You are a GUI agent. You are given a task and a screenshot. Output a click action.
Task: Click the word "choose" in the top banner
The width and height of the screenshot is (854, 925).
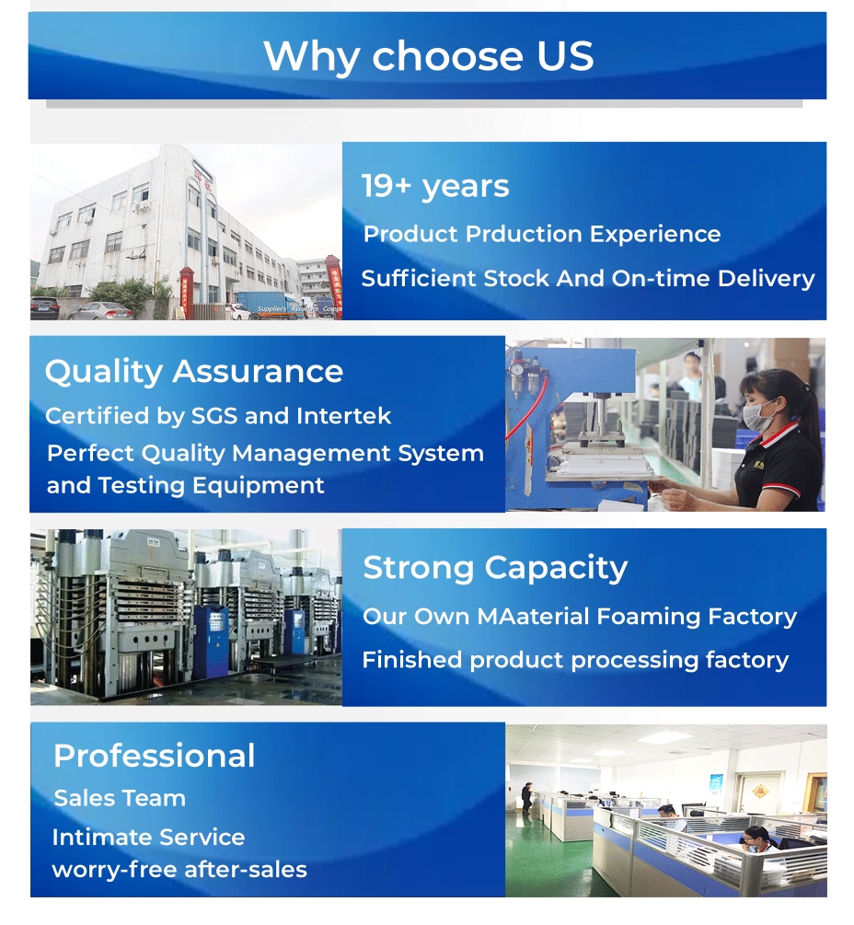[x=447, y=56]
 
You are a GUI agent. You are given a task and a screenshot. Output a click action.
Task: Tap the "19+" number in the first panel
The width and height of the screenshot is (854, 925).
[x=387, y=186]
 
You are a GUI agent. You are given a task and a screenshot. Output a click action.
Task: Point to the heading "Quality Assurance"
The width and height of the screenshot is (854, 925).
[x=194, y=372]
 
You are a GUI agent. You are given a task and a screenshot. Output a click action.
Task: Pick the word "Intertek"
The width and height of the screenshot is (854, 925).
[x=344, y=416]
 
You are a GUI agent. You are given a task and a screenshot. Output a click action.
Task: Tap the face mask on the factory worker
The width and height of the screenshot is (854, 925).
[x=758, y=413]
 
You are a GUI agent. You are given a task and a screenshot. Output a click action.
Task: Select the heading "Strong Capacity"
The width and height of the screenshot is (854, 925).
[x=495, y=568]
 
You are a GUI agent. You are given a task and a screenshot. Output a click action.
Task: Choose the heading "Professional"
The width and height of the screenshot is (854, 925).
[x=154, y=756]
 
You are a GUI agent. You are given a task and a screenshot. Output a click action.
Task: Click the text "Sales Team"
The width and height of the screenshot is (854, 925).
[x=120, y=798]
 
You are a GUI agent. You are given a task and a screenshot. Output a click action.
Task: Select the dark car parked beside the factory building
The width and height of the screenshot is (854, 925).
[x=45, y=308]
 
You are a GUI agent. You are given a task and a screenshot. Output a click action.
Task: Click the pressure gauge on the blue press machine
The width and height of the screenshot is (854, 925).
[x=518, y=370]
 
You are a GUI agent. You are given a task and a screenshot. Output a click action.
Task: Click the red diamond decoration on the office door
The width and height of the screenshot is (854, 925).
[x=760, y=790]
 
